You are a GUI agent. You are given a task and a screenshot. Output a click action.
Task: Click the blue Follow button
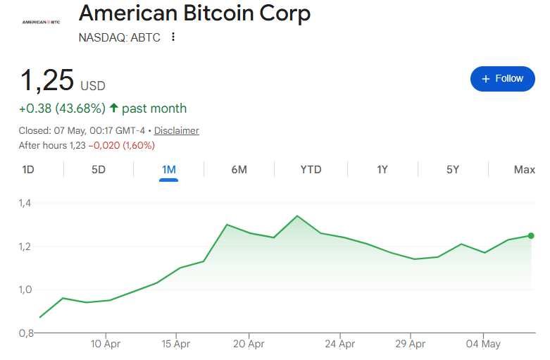click(x=502, y=79)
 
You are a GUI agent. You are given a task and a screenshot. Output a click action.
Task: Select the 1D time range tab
click(x=28, y=170)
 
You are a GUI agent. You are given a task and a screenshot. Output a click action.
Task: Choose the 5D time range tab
click(x=99, y=170)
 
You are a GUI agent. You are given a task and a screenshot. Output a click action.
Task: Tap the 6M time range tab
click(x=239, y=170)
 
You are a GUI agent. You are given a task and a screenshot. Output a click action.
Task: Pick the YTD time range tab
click(x=311, y=170)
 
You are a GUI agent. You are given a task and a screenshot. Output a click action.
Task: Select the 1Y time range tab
click(x=382, y=170)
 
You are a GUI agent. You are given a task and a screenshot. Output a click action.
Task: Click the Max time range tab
click(x=525, y=170)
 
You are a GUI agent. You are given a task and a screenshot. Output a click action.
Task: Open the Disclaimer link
click(x=177, y=130)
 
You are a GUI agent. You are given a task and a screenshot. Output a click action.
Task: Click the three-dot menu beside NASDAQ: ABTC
click(x=173, y=37)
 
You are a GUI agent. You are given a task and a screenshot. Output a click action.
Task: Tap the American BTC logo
click(x=41, y=22)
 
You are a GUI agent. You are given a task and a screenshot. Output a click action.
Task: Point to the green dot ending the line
click(x=531, y=236)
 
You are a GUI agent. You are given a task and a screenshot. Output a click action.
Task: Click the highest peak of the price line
click(x=297, y=216)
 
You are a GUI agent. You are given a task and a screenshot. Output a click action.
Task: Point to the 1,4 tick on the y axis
click(x=25, y=203)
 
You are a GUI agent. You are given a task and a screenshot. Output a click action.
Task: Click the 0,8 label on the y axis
click(x=26, y=333)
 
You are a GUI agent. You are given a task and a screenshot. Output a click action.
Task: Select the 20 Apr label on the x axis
click(x=249, y=344)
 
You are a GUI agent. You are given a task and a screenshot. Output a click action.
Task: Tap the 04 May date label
click(x=483, y=344)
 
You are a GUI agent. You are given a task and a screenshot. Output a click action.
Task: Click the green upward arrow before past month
click(x=113, y=107)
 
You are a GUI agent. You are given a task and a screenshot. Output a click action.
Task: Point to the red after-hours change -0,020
click(x=104, y=145)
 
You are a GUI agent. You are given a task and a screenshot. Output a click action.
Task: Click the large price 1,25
click(x=47, y=81)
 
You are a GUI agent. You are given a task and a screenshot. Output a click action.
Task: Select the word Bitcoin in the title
click(x=218, y=13)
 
